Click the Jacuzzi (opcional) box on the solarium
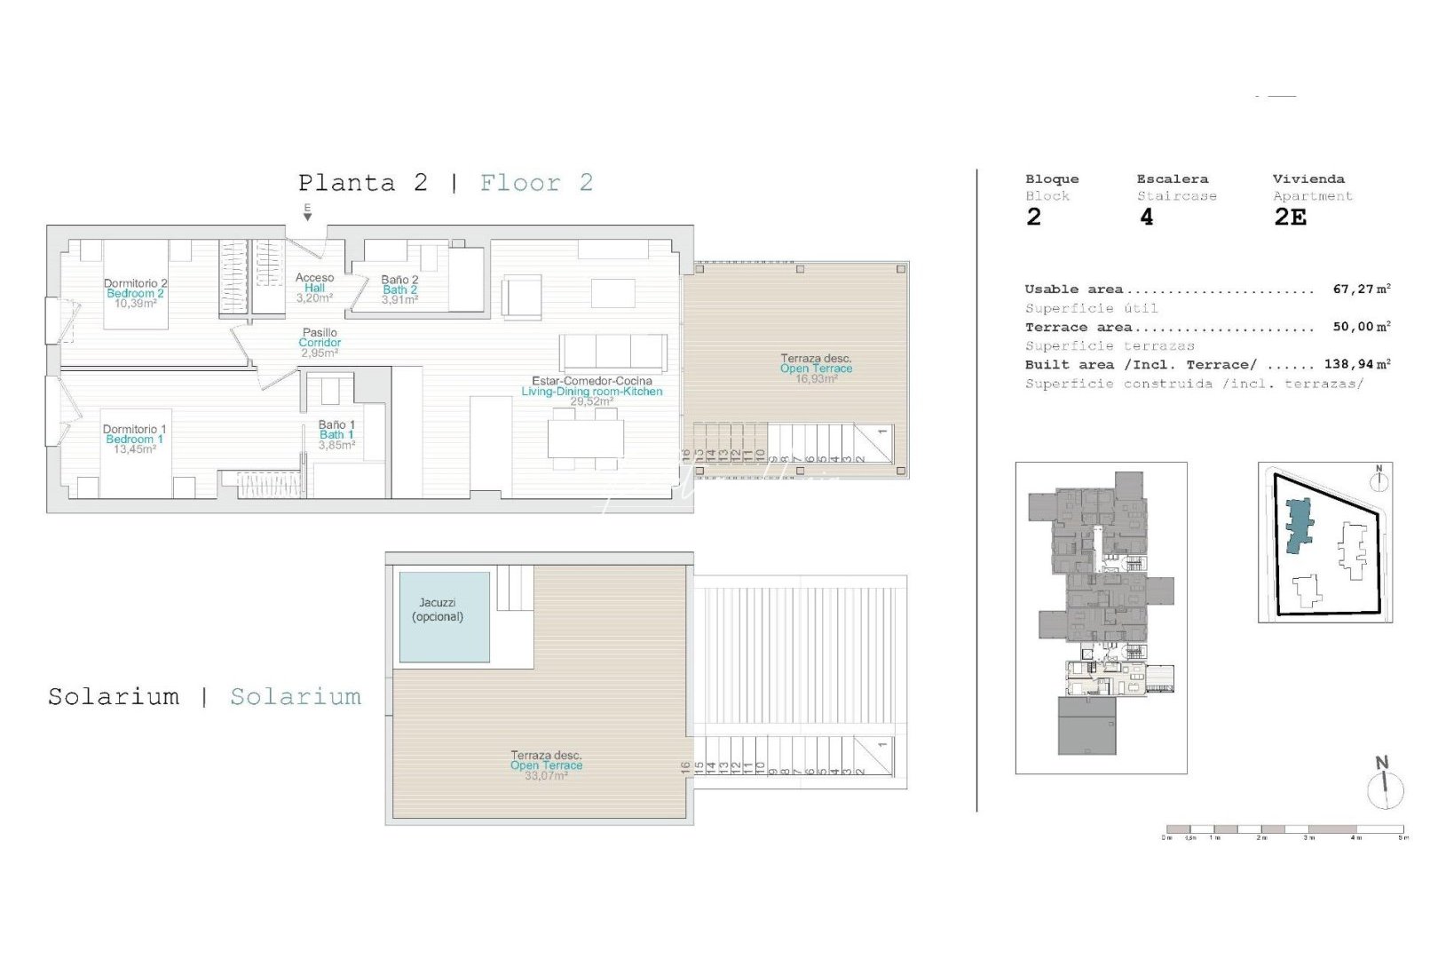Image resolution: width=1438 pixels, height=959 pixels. pos(444,617)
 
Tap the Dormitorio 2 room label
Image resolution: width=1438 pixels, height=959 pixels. pos(134,284)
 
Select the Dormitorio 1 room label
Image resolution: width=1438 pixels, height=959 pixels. pos(134,430)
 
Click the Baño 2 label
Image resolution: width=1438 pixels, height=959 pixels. pos(399,281)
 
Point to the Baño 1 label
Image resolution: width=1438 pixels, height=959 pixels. pos(336,425)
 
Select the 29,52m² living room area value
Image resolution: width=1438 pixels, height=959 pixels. pos(591,401)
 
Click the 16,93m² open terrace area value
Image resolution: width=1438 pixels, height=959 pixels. pos(816,379)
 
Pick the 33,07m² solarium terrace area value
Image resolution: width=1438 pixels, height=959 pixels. pos(546,776)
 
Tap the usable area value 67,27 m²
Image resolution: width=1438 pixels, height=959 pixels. pos(1361,289)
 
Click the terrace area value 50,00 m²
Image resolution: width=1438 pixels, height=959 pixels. pos(1361,327)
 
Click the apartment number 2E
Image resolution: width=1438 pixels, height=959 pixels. pos(1290,218)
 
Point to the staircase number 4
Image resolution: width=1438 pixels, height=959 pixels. pos(1147,218)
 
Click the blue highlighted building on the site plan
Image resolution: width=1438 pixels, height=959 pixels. pos(1299,524)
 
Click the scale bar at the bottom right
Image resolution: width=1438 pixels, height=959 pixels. pos(1285,829)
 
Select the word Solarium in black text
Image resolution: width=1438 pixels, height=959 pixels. pos(114,697)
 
